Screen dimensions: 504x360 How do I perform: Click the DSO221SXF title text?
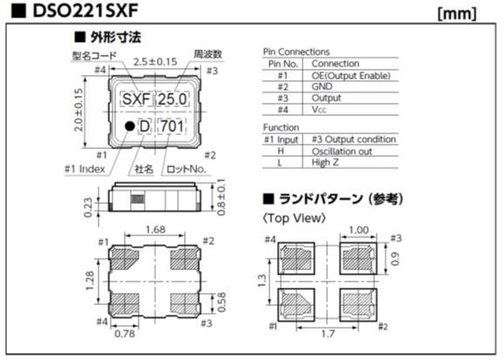85,11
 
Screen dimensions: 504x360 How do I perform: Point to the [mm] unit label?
457,13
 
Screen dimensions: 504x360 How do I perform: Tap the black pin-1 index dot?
130,126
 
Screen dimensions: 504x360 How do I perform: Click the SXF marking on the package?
137,99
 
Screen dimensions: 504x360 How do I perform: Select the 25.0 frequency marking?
173,99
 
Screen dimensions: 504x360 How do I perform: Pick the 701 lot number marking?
173,126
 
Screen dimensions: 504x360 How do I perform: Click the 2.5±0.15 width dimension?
155,61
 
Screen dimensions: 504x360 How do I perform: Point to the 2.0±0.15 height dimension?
78,110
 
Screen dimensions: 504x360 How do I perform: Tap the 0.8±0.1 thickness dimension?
221,197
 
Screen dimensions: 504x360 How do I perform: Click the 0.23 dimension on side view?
88,207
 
